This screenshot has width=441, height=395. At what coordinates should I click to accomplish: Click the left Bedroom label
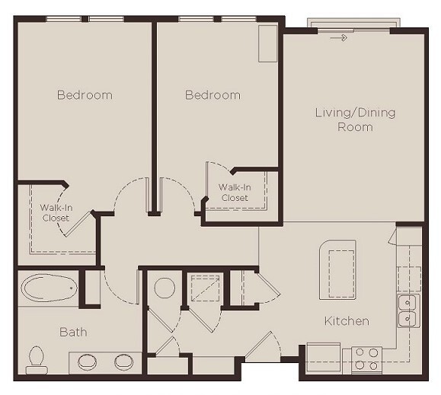coord(85,95)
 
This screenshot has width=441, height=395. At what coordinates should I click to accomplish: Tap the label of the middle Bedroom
coord(213,95)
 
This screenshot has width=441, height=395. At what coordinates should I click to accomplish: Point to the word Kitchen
coord(347,321)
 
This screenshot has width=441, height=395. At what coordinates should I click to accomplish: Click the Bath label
coord(73,332)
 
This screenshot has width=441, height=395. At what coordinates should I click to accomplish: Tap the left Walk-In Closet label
coord(55,212)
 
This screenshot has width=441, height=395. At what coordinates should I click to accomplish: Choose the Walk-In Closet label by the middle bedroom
coord(235,193)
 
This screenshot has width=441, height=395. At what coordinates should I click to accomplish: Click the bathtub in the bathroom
coord(49,289)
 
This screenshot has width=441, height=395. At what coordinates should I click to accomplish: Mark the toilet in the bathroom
coord(36,356)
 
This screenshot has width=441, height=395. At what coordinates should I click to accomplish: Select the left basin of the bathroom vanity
coord(85,361)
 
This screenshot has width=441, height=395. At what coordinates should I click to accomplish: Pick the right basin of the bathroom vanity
coord(123,361)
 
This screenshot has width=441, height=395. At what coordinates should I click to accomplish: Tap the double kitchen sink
coord(407,311)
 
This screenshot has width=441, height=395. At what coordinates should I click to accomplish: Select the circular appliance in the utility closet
coord(165,288)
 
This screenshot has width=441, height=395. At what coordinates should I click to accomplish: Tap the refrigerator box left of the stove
coord(324,357)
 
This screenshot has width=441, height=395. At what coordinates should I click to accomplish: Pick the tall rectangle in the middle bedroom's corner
coord(267,43)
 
